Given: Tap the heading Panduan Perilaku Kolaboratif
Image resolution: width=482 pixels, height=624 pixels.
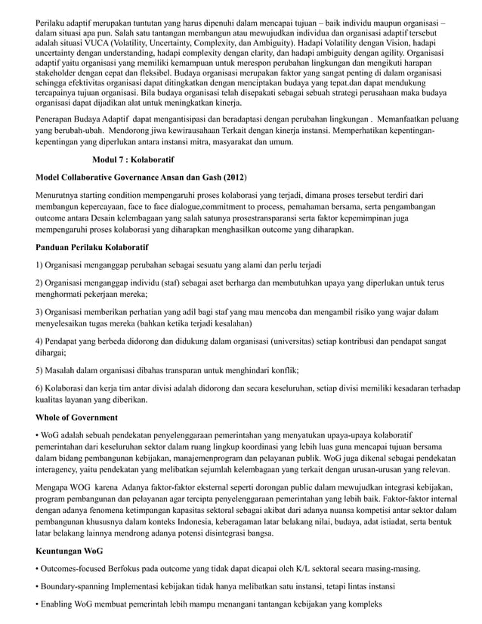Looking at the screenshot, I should (x=92, y=247).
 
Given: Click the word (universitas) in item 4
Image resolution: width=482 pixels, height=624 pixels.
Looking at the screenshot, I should (x=298, y=341).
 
